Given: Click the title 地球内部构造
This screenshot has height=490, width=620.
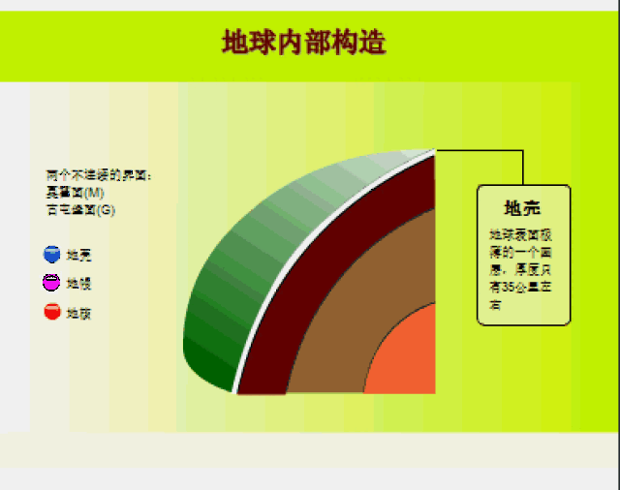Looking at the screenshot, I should coord(304,44).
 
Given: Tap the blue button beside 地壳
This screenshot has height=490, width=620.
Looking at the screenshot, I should coord(52,255).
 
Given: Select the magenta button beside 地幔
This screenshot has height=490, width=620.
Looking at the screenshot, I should coord(52,283).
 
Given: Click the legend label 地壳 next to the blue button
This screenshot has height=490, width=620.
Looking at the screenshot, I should coord(79,256).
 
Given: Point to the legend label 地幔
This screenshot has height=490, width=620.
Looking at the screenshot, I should coord(79,284).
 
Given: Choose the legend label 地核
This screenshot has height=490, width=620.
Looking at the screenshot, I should coord(79,313).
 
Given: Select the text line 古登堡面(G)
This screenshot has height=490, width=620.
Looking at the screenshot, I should coord(81,208).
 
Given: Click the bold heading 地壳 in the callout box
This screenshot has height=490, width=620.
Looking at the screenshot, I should coord(523,208).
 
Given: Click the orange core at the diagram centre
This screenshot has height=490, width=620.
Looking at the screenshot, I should coord(407,358).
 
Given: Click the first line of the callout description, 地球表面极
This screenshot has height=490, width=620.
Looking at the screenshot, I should coord(521,234).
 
